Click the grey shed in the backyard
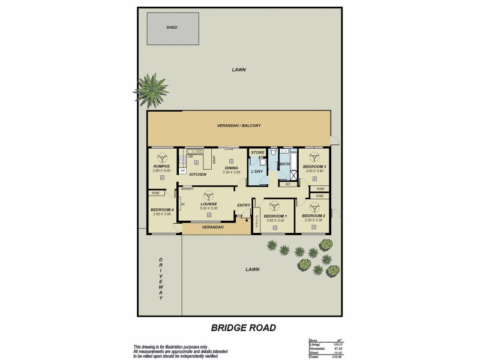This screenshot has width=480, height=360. (x=173, y=28)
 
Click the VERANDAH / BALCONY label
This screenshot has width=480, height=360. (x=238, y=126)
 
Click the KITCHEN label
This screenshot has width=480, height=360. (x=197, y=175)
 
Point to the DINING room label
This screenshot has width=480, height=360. (x=231, y=168)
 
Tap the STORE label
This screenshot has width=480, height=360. (x=257, y=153)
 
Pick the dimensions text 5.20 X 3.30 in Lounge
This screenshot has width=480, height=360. (x=208, y=208)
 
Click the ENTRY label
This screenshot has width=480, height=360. (x=243, y=206)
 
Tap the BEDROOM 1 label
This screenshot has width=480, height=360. (x=275, y=215)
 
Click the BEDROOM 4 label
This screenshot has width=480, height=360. (x=161, y=209)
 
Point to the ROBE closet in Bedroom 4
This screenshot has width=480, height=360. (x=155, y=193)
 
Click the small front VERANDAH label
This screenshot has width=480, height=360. (x=212, y=227)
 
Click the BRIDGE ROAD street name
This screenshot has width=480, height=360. (x=243, y=328)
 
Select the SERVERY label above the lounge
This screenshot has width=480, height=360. (x=187, y=189)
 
